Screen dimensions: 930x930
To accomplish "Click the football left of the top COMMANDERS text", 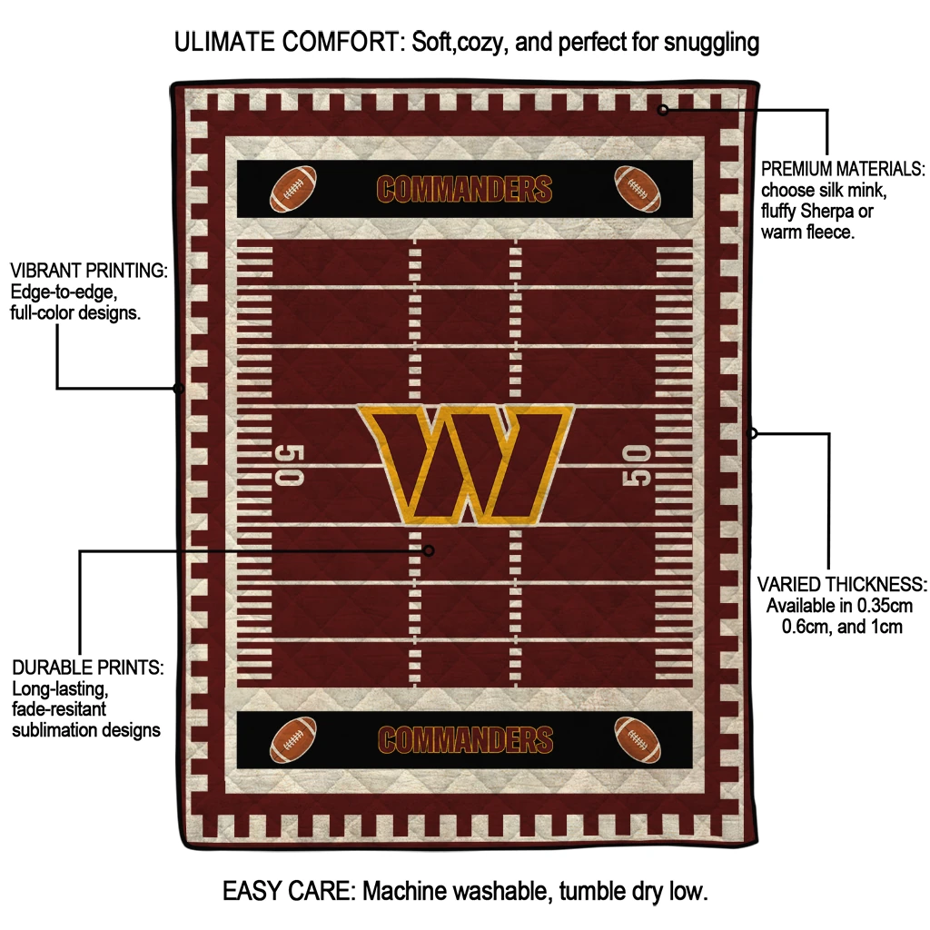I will pos(292,188).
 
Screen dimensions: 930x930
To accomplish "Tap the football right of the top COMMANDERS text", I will pos(638,188).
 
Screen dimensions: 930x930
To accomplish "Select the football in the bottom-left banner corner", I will pos(293,739).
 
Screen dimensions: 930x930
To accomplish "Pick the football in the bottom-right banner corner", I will pos(638,739).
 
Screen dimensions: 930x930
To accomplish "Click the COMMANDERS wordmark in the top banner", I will pos(464,189).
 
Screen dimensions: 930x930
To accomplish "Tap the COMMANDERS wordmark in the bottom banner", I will pos(465,739).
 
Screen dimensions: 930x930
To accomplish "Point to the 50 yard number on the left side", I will pos(290,465).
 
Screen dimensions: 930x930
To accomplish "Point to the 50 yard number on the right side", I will pos(637,465).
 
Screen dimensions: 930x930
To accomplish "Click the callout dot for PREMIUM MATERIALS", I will pos(663,110).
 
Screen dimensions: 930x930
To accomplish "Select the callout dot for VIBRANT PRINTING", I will pos(179,389).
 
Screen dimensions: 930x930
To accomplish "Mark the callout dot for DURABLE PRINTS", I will pos(430,550).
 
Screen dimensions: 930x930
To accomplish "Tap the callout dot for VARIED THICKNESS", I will pos(752,433).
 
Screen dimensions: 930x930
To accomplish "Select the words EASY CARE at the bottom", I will pos(289,891).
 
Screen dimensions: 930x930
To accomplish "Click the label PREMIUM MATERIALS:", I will pos(843,169).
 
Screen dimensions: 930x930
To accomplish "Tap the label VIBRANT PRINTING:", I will pos(89,271).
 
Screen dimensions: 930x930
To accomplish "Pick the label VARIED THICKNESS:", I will pos(842,584).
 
